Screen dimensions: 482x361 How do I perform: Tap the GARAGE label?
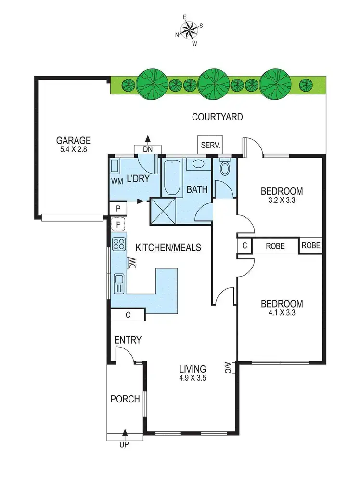[x=74, y=141]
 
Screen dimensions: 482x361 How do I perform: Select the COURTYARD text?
[x=217, y=117]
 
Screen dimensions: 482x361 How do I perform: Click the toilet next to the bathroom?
[x=225, y=168]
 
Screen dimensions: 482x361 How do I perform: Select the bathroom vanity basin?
[x=197, y=164]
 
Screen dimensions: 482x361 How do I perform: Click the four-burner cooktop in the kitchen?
[x=118, y=244]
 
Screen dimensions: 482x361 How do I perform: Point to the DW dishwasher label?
[x=133, y=263]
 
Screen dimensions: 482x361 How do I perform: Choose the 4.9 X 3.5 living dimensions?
[x=191, y=378]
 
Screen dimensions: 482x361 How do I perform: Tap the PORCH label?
[x=125, y=399]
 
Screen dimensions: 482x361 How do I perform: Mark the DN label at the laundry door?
[x=147, y=149]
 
